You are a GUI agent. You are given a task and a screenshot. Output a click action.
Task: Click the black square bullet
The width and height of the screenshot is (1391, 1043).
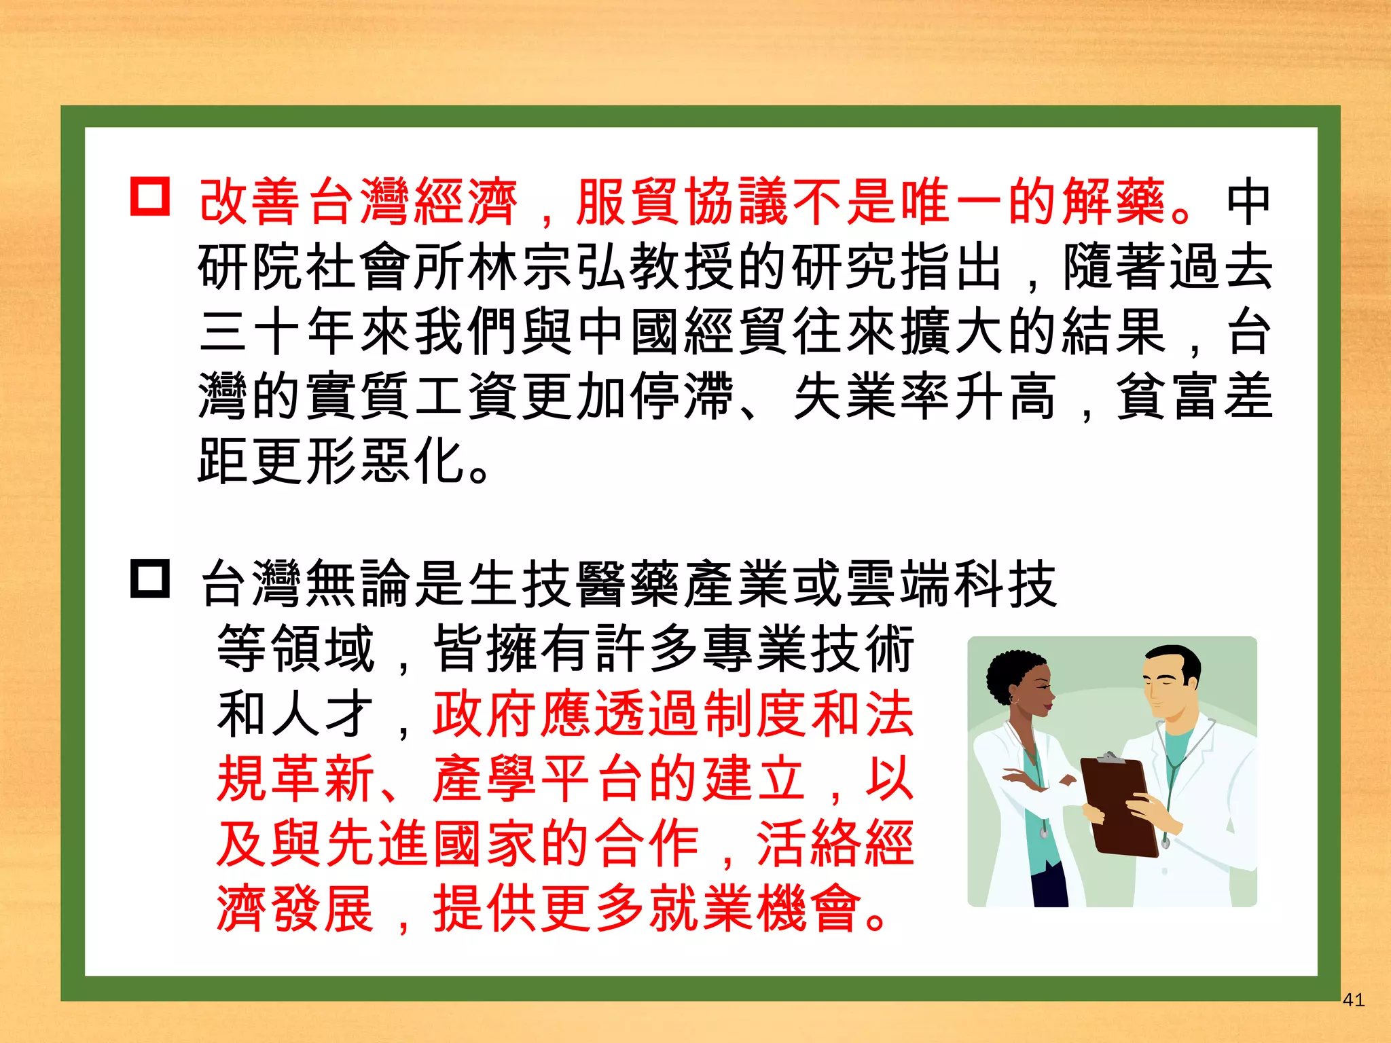coord(150,579)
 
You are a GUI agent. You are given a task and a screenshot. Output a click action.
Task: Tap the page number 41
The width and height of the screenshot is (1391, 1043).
coord(1354,1000)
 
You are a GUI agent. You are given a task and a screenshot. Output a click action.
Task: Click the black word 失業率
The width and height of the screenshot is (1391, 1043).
coord(872,397)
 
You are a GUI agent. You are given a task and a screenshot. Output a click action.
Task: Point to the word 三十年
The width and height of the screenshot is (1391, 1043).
coord(278,332)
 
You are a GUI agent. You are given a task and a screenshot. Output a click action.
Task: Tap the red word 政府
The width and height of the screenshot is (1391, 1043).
coord(486,714)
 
